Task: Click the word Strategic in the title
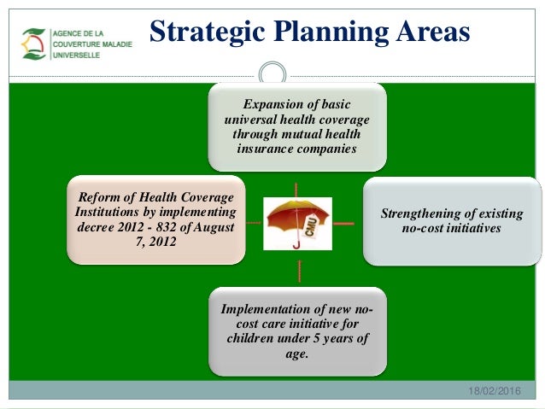208,32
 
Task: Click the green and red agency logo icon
33,44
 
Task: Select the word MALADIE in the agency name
117,44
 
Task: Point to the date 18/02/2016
495,391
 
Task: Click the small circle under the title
272,63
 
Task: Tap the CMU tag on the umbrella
310,226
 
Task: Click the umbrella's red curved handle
296,245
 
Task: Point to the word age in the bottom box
296,353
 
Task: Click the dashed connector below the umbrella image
299,271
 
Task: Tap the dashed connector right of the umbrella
343,224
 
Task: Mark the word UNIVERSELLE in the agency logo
76,56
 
